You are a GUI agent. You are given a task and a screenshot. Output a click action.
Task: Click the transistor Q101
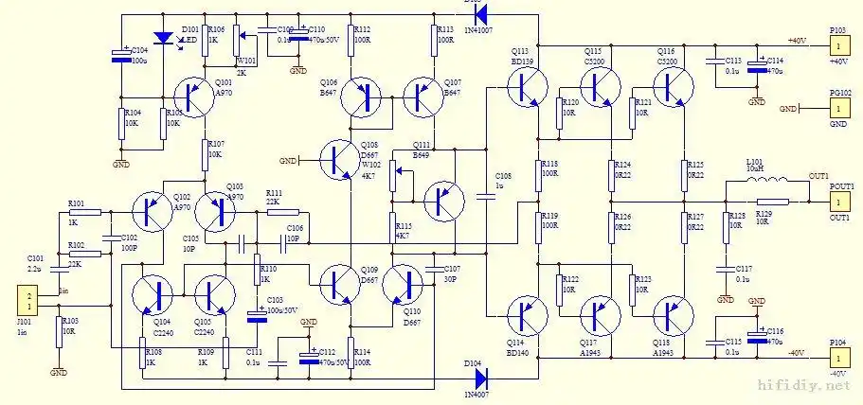click(x=195, y=97)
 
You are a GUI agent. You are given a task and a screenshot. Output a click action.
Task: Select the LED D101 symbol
click(x=165, y=39)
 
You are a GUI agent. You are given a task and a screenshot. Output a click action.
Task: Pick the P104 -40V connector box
click(x=838, y=358)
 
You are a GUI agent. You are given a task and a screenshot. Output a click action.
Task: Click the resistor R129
click(x=772, y=202)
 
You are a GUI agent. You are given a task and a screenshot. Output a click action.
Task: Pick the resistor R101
click(x=85, y=212)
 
